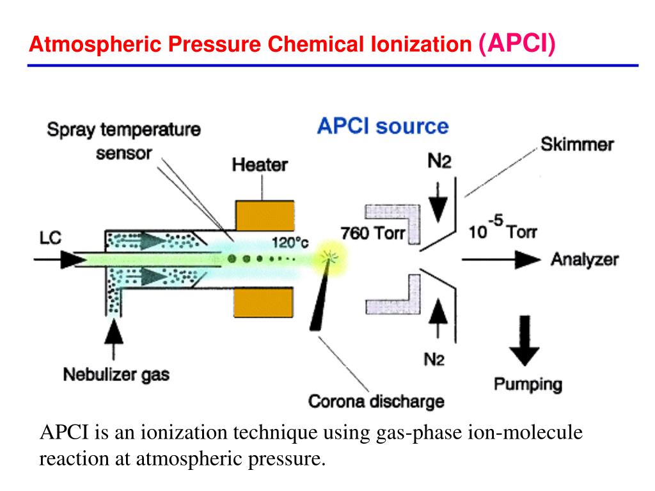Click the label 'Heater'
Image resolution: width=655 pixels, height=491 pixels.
(260, 165)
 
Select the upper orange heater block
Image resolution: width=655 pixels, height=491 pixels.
(265, 215)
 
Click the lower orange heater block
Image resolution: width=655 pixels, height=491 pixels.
(265, 302)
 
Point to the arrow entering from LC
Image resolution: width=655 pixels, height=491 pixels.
(61, 260)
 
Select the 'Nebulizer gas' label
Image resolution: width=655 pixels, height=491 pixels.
(116, 374)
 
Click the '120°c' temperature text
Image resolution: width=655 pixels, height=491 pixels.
(291, 243)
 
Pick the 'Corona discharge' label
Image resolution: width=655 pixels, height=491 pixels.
(375, 401)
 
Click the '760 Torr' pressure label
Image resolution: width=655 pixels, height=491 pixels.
(373, 233)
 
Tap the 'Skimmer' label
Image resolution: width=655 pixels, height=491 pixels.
(577, 144)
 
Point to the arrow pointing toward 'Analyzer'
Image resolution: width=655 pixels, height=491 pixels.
(505, 259)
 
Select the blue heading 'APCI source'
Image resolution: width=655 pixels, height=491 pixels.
(383, 125)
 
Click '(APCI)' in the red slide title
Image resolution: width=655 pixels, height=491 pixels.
(517, 43)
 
